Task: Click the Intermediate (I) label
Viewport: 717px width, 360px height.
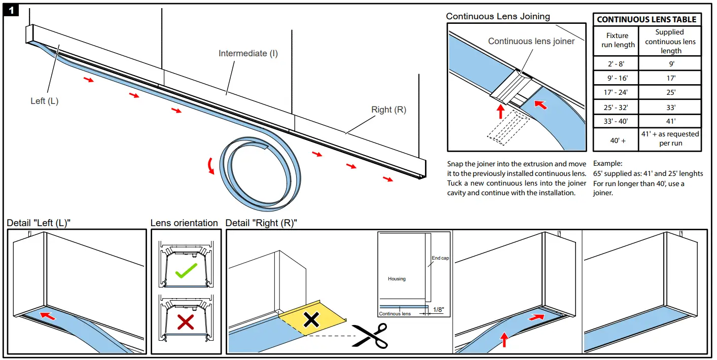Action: coord(248,53)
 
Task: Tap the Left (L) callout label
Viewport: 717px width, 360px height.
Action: coord(44,101)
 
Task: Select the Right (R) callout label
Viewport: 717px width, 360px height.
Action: coord(388,110)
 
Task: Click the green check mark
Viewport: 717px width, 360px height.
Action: coord(186,272)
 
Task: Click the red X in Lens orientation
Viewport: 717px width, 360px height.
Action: coord(186,322)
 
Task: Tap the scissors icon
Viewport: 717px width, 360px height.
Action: coord(369,335)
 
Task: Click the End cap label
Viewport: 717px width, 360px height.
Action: coord(440,258)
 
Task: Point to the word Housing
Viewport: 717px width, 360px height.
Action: coord(397,279)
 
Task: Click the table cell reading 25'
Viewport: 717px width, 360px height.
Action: coord(670,92)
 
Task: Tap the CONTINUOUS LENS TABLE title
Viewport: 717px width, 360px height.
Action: coord(647,20)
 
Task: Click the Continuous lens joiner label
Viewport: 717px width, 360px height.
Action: coord(531,41)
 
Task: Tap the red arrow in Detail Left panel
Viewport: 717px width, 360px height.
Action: coord(48,316)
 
